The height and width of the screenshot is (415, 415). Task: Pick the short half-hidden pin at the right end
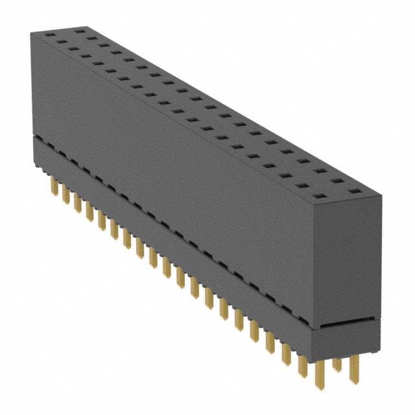tap(337, 363)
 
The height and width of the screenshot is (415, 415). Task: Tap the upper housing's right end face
tap(349, 259)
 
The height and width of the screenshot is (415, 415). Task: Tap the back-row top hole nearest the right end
tap(354, 192)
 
